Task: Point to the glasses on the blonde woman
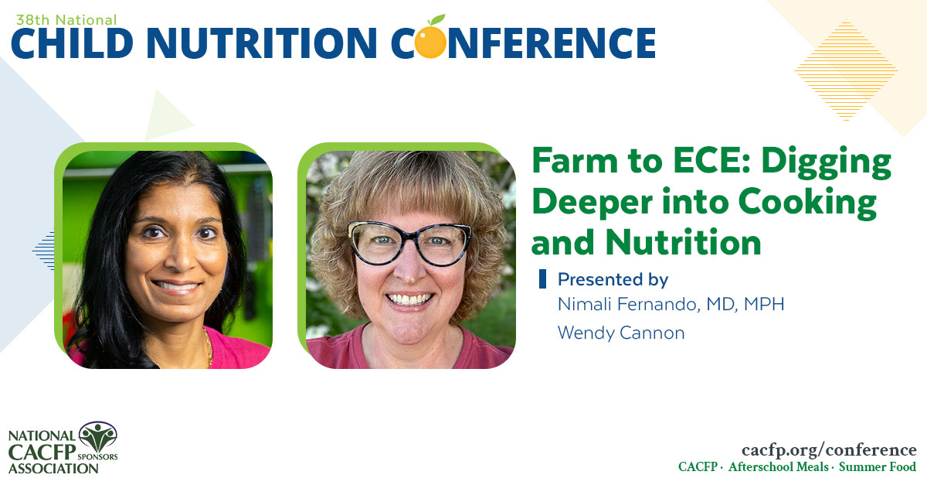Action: (409, 242)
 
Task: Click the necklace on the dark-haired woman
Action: (207, 346)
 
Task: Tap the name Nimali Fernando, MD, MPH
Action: (671, 304)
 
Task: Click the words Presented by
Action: (613, 278)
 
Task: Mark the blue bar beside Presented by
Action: (542, 278)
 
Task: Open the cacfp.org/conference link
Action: (829, 449)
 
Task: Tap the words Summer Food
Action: (878, 466)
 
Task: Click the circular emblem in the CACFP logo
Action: (98, 437)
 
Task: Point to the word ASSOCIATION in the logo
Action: (48, 468)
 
